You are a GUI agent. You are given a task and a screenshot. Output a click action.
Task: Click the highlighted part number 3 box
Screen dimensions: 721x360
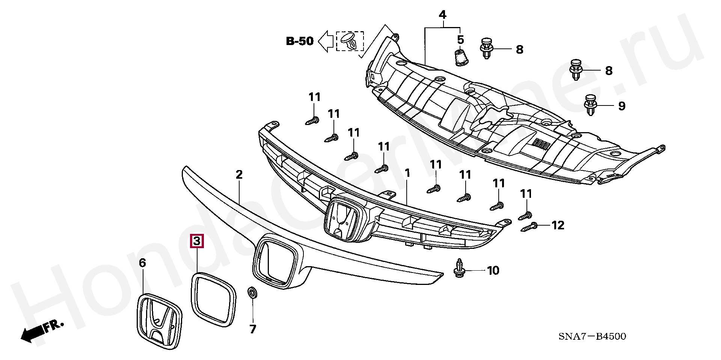(197, 241)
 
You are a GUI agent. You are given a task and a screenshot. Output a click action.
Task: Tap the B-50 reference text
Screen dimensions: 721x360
(300, 41)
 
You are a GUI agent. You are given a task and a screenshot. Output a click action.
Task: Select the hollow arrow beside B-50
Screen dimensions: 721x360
(326, 41)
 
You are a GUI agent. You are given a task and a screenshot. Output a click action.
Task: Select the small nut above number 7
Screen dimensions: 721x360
(252, 293)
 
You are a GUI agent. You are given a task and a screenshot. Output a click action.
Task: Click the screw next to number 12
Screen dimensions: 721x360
(529, 227)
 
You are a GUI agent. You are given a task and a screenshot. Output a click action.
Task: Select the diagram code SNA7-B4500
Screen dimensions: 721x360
(592, 336)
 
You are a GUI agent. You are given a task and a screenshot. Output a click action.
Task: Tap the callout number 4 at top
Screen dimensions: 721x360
(443, 15)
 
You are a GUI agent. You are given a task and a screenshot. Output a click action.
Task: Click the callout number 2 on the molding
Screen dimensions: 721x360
(239, 174)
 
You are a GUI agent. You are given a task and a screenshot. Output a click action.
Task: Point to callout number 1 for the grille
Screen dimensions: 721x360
(407, 173)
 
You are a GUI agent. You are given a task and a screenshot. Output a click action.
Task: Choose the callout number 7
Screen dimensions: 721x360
(253, 329)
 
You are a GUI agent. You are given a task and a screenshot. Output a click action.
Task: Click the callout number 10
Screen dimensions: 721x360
(493, 270)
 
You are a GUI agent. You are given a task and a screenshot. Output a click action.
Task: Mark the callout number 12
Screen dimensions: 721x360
(558, 225)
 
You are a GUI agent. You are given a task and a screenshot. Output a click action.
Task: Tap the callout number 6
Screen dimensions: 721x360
(142, 263)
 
